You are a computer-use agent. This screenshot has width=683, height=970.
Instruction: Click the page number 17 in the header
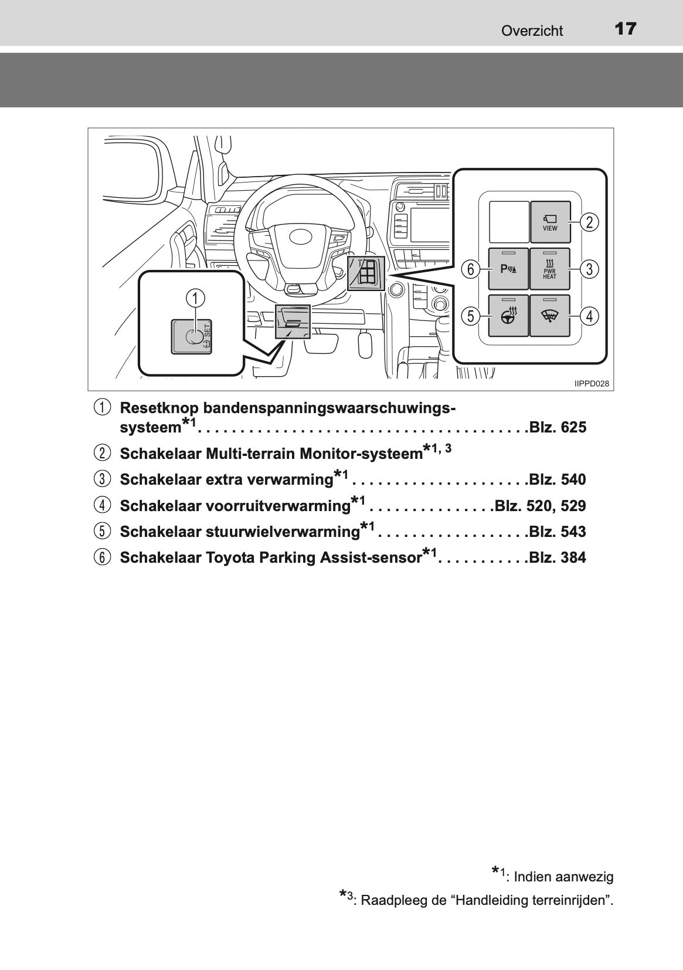click(626, 29)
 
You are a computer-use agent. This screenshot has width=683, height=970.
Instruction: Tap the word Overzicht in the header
click(532, 31)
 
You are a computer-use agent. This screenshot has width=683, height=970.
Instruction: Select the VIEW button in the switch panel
click(550, 222)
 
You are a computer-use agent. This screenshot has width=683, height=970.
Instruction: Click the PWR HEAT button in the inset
click(550, 269)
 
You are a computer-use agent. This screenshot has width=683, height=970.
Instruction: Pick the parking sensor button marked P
click(508, 269)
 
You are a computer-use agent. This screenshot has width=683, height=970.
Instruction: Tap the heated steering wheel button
click(508, 316)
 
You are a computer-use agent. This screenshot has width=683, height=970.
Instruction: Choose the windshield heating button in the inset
click(550, 316)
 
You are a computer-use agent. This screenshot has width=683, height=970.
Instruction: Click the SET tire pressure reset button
click(192, 336)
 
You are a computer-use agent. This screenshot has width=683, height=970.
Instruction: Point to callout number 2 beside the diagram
click(589, 222)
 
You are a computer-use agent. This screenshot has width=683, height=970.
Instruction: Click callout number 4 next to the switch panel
click(589, 316)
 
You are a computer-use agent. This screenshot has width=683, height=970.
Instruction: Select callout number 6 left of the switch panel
click(470, 269)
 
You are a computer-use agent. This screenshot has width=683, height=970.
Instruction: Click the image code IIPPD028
click(592, 384)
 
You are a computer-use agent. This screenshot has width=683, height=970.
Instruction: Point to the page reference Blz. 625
click(558, 428)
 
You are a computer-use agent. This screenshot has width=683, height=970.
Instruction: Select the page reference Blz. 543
click(558, 532)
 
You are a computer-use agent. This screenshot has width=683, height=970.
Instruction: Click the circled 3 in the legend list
click(102, 480)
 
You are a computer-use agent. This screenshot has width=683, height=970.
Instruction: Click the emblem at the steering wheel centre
click(302, 237)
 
